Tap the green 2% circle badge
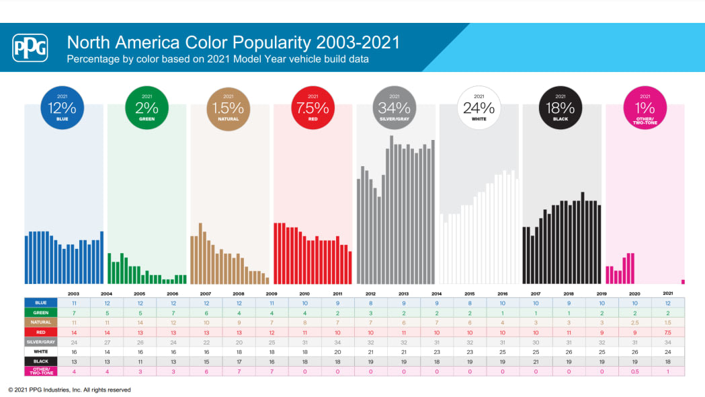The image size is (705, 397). pyautogui.click(x=147, y=108)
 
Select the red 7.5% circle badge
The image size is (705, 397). pyautogui.click(x=313, y=108)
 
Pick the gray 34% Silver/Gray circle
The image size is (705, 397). pyautogui.click(x=395, y=108)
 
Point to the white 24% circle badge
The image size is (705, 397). pyautogui.click(x=479, y=108)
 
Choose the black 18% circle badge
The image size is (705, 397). pyautogui.click(x=561, y=108)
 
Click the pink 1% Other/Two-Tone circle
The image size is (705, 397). pyautogui.click(x=645, y=108)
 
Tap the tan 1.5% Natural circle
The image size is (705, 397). pyautogui.click(x=229, y=108)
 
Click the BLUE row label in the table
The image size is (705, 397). pyautogui.click(x=41, y=303)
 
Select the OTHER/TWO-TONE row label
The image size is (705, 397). pyautogui.click(x=41, y=371)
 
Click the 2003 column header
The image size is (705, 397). pyautogui.click(x=74, y=293)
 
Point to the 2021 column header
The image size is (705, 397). pyautogui.click(x=667, y=293)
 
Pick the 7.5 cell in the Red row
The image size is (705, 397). pyautogui.click(x=667, y=332)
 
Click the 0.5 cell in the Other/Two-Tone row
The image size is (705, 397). pyautogui.click(x=635, y=371)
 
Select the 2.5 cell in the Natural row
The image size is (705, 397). pyautogui.click(x=635, y=323)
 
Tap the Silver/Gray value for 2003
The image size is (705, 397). pyautogui.click(x=74, y=342)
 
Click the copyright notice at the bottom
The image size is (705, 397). pyautogui.click(x=69, y=390)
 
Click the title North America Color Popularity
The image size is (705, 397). pyautogui.click(x=233, y=43)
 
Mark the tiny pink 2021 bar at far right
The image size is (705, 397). pyautogui.click(x=683, y=282)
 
